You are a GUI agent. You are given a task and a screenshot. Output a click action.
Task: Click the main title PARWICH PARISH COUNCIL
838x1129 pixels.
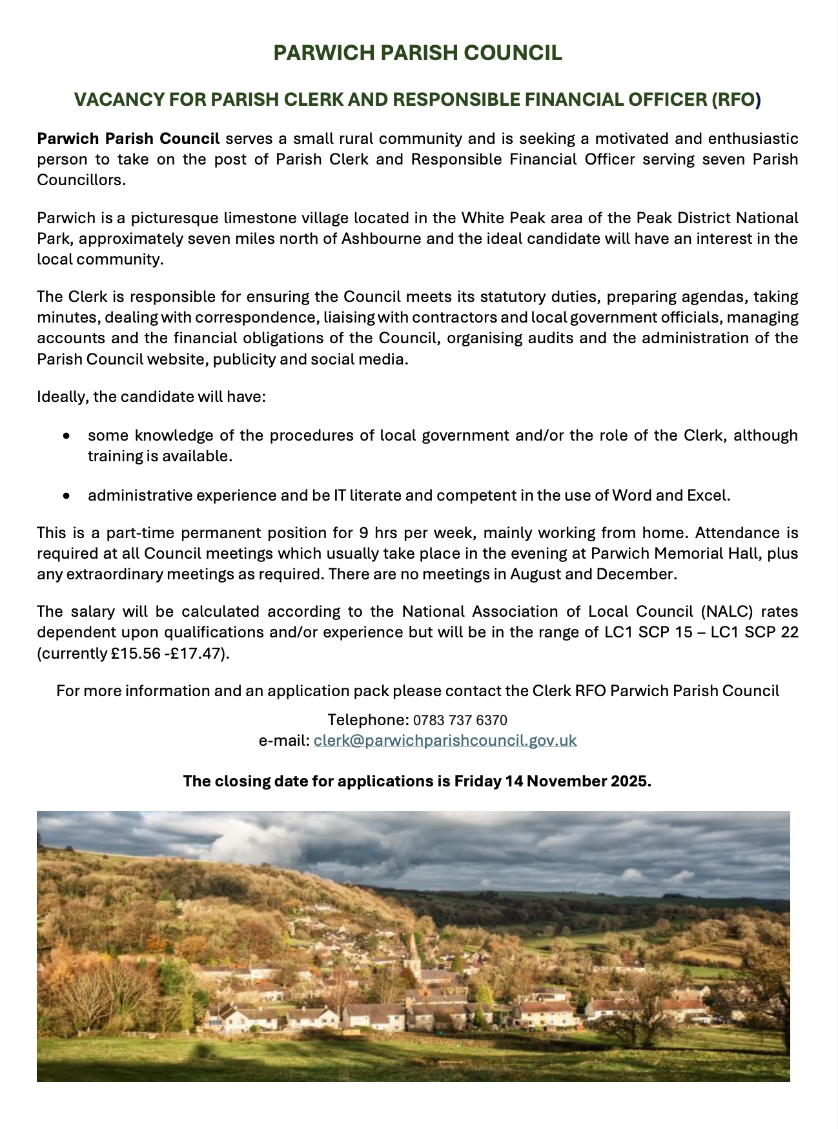pos(418,53)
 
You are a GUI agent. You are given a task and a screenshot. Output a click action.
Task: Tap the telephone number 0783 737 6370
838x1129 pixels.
pos(460,720)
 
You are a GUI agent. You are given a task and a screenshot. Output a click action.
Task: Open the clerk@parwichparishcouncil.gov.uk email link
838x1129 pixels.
pos(445,741)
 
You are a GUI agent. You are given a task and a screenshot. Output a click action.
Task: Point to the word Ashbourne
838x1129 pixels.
pos(381,239)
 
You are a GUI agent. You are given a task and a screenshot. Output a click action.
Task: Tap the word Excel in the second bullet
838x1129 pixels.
pos(709,495)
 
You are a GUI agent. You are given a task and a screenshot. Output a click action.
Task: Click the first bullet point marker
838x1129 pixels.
pos(66,436)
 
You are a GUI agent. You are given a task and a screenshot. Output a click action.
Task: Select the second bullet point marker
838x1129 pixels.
pos(66,496)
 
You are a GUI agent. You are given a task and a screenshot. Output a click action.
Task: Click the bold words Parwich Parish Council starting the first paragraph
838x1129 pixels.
pos(128,139)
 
